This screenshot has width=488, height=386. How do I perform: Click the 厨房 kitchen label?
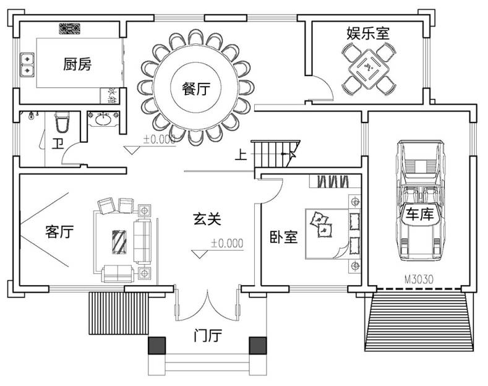click(77, 64)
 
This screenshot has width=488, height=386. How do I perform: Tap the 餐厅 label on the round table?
click(195, 88)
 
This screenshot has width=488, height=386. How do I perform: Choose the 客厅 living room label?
click(59, 233)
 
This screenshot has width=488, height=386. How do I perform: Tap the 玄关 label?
click(207, 218)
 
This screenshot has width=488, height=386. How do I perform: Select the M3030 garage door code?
click(419, 279)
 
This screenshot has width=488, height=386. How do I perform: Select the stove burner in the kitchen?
click(69, 28)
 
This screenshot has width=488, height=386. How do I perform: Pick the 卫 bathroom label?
click(58, 145)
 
